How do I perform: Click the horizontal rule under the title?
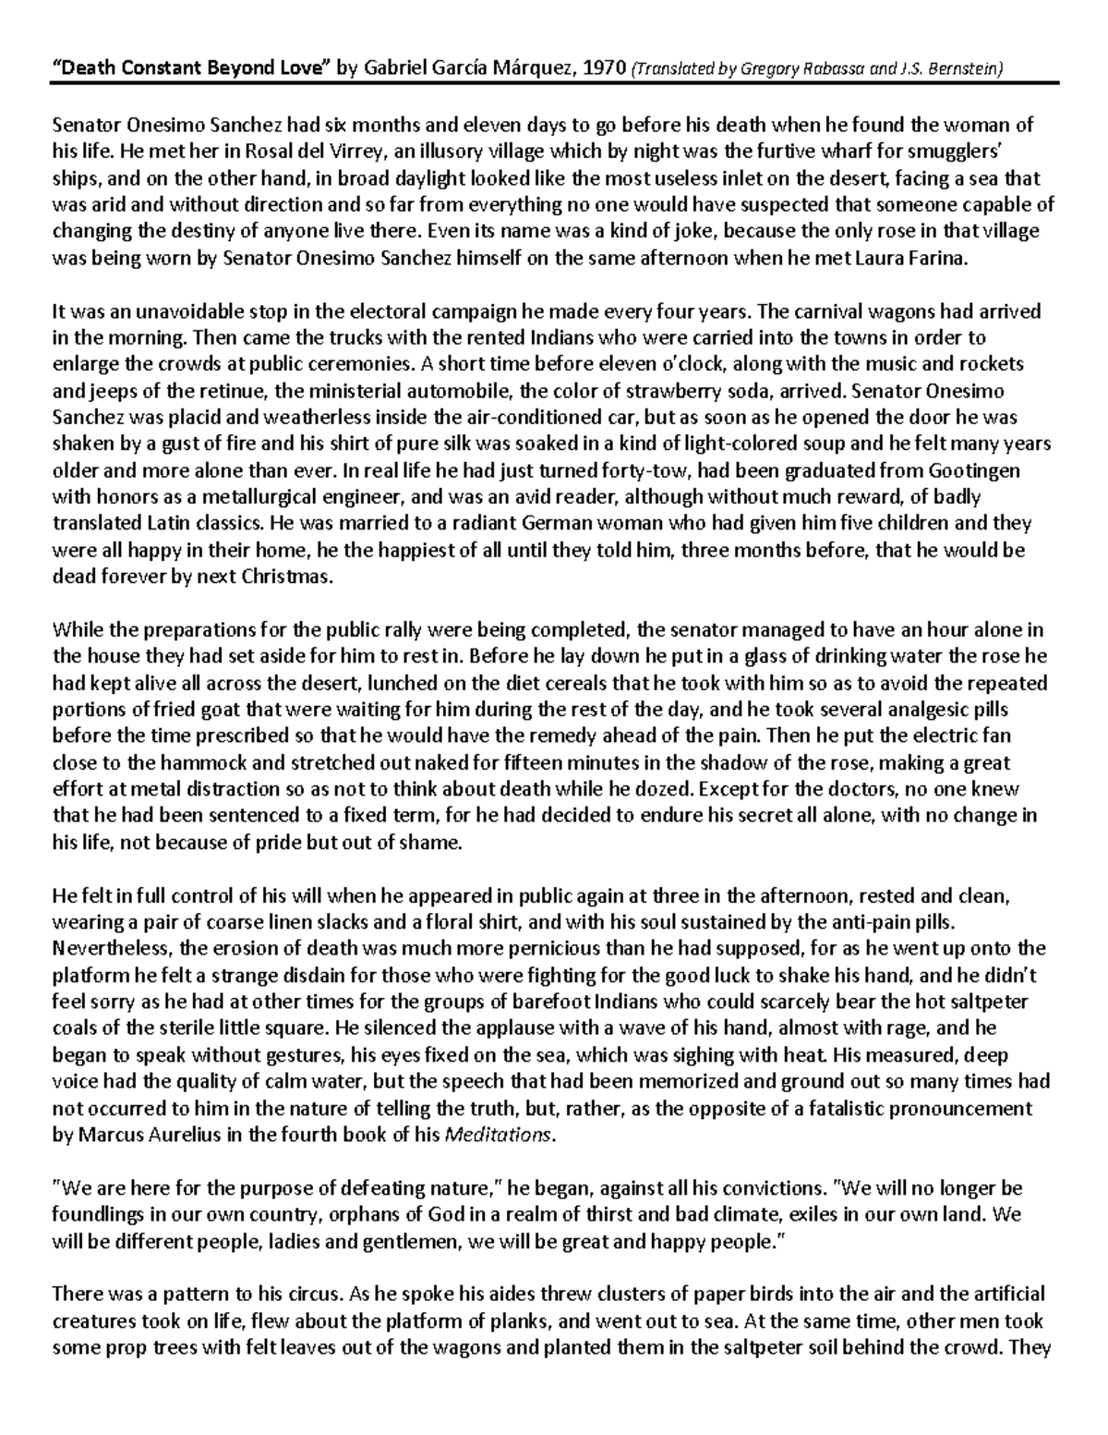click(x=554, y=82)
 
